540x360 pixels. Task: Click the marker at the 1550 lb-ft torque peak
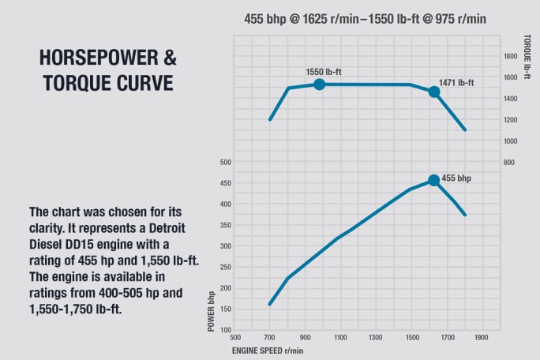click(319, 84)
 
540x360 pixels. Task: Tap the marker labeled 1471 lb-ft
click(433, 92)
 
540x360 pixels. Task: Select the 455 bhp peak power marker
click(433, 180)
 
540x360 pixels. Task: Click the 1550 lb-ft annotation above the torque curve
click(324, 72)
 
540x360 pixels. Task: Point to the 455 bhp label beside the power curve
click(456, 179)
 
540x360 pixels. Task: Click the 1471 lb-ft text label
click(456, 82)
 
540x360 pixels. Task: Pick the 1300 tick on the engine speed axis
click(377, 337)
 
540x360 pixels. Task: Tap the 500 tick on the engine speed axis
click(235, 337)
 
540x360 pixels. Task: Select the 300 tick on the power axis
click(225, 246)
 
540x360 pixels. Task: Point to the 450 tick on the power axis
click(225, 183)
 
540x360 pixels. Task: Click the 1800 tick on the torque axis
click(509, 56)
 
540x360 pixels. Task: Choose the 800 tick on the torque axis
click(509, 162)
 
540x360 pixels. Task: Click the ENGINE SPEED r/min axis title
click(267, 350)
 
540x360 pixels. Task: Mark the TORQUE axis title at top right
click(526, 50)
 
